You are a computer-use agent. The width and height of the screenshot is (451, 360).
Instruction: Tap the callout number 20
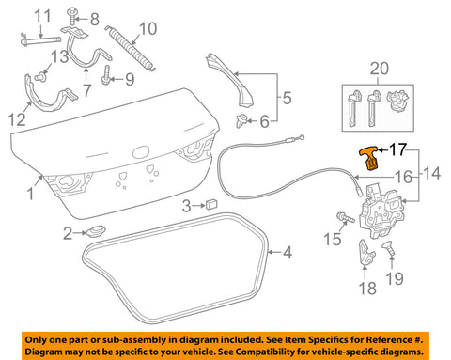pos(378,69)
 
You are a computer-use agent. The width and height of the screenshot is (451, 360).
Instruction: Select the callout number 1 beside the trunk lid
pos(31,196)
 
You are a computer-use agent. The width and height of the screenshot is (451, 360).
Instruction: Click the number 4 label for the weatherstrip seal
pos(288,252)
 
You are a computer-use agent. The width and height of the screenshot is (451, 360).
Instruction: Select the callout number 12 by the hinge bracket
pos(18,118)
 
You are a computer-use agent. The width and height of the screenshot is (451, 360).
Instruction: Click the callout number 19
pos(396,278)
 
